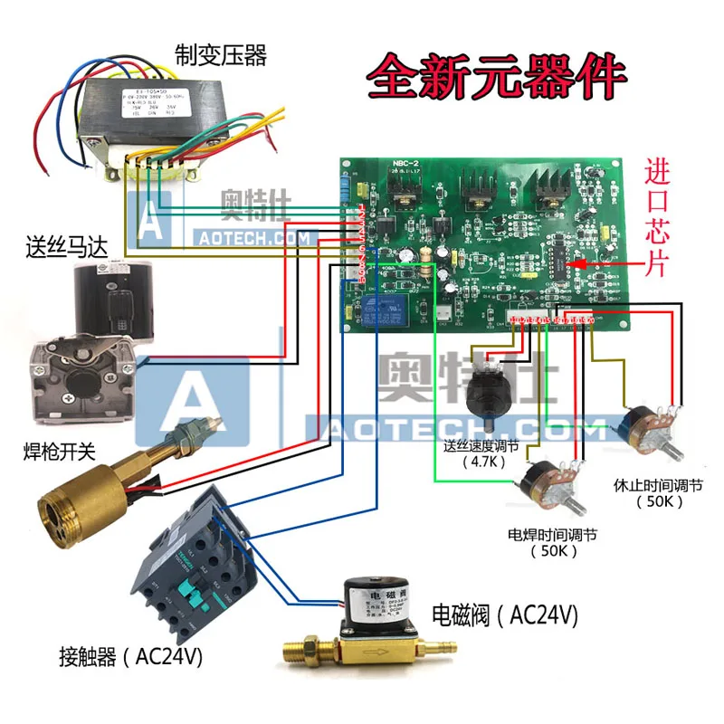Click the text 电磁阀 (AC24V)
(505, 616)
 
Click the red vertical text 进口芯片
(659, 218)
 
